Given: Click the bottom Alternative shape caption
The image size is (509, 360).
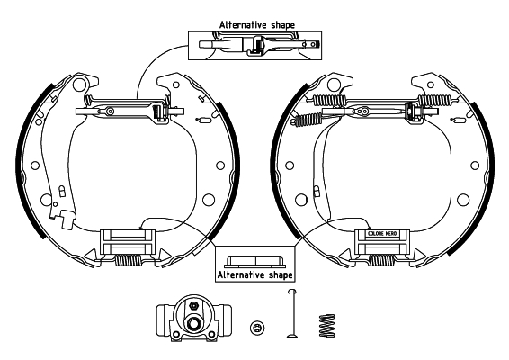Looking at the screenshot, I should pos(254,273).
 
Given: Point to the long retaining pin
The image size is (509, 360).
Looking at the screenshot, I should pos(290,315).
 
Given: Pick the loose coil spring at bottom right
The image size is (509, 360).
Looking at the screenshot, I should pos(326,323).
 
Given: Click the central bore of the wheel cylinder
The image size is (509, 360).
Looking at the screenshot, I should pos(192,323).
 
